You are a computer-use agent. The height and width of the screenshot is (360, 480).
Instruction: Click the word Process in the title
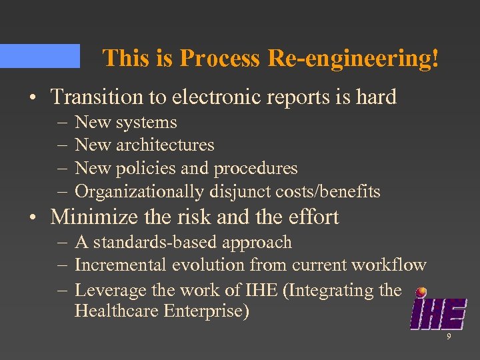pos(220,59)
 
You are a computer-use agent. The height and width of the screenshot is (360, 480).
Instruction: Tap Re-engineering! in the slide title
pos(354,59)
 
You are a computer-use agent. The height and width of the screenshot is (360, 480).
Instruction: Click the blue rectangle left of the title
pos(39,56)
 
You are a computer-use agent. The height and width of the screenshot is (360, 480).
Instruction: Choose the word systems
pos(145,123)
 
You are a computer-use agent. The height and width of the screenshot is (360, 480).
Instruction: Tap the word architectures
pos(165,145)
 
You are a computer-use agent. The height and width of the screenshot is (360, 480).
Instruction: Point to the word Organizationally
pos(139,192)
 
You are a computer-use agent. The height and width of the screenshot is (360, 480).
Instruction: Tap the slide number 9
pos(449,337)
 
